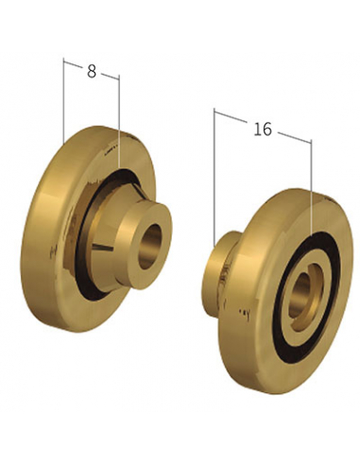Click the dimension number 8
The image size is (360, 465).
(x=92, y=71)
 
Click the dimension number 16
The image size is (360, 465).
(x=263, y=129)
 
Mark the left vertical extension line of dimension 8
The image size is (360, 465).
(x=63, y=101)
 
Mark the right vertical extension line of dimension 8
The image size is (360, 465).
(x=119, y=121)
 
